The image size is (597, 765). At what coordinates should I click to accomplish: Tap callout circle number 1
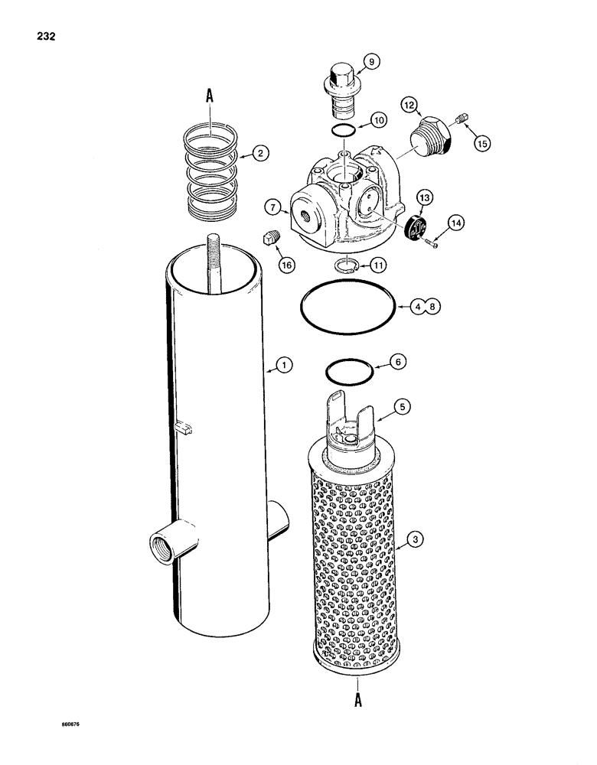point(283,366)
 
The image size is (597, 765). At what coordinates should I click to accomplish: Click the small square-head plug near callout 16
point(269,239)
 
